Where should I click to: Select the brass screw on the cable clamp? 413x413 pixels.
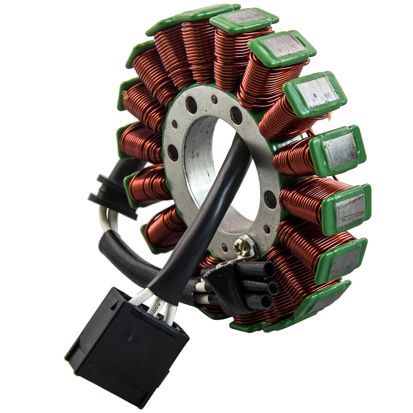242,247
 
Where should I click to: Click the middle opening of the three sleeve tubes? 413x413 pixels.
272,287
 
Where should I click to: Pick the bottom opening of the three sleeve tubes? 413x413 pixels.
266,302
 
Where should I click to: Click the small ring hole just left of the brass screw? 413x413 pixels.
225,247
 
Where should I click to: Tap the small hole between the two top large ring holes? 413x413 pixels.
214,100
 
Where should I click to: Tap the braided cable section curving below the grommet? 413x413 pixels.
124,256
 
